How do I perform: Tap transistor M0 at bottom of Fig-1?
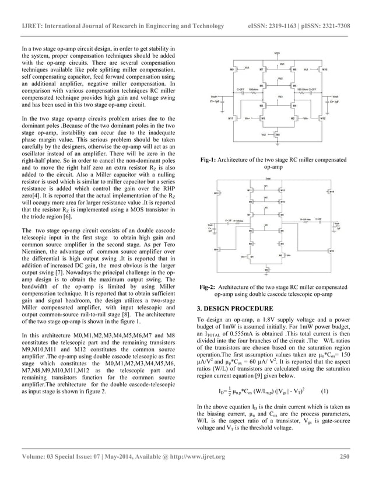tap(277, 135)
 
